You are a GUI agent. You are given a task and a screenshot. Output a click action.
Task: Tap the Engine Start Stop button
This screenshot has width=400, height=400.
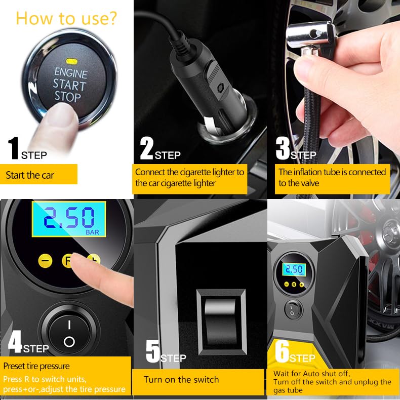(x=71, y=84)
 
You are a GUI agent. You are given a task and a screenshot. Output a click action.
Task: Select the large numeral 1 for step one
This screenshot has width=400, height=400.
(x=14, y=147)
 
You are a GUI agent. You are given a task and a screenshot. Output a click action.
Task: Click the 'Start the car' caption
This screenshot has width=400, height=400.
(x=30, y=175)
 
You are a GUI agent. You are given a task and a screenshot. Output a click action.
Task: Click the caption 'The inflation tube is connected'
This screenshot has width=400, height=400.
(x=332, y=172)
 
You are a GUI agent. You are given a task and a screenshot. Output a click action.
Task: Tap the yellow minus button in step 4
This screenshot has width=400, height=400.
(x=46, y=261)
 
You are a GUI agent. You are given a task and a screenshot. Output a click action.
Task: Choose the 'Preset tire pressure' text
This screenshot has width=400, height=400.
(x=36, y=366)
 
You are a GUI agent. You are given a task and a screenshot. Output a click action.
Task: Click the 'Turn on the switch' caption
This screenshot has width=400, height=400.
(x=181, y=379)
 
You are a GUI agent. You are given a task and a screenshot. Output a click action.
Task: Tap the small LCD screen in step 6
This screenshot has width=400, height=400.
(x=293, y=270)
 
